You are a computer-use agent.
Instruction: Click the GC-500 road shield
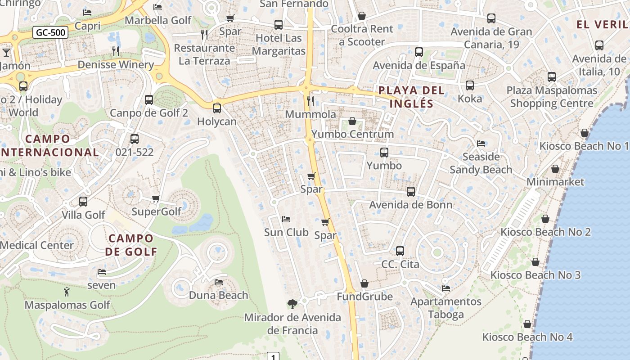tap(50, 32)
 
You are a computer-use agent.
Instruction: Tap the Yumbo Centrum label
tap(352, 134)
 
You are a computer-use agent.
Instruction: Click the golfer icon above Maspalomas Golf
tap(67, 292)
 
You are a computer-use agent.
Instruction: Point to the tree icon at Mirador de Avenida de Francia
tap(292, 304)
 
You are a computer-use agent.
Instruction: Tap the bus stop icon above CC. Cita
tap(400, 251)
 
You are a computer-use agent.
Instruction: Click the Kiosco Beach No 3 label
tap(535, 275)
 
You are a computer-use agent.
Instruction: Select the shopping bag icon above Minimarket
tap(555, 169)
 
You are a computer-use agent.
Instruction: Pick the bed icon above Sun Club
tap(286, 219)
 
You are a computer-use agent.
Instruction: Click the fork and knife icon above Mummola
tap(310, 101)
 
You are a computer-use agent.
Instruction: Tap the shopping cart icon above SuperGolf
tap(156, 198)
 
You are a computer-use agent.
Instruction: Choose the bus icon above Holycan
tap(216, 108)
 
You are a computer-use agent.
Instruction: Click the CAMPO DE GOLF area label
tap(131, 245)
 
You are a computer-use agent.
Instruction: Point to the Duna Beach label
tap(218, 295)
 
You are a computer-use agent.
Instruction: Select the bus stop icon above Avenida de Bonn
tap(410, 192)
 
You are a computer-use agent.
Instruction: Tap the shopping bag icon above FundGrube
tap(364, 283)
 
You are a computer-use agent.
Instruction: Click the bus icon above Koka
tap(469, 85)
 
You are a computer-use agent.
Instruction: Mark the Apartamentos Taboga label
tap(445, 308)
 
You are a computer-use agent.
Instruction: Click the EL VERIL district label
tap(602, 25)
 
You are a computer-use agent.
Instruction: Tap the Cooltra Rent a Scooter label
tap(362, 35)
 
